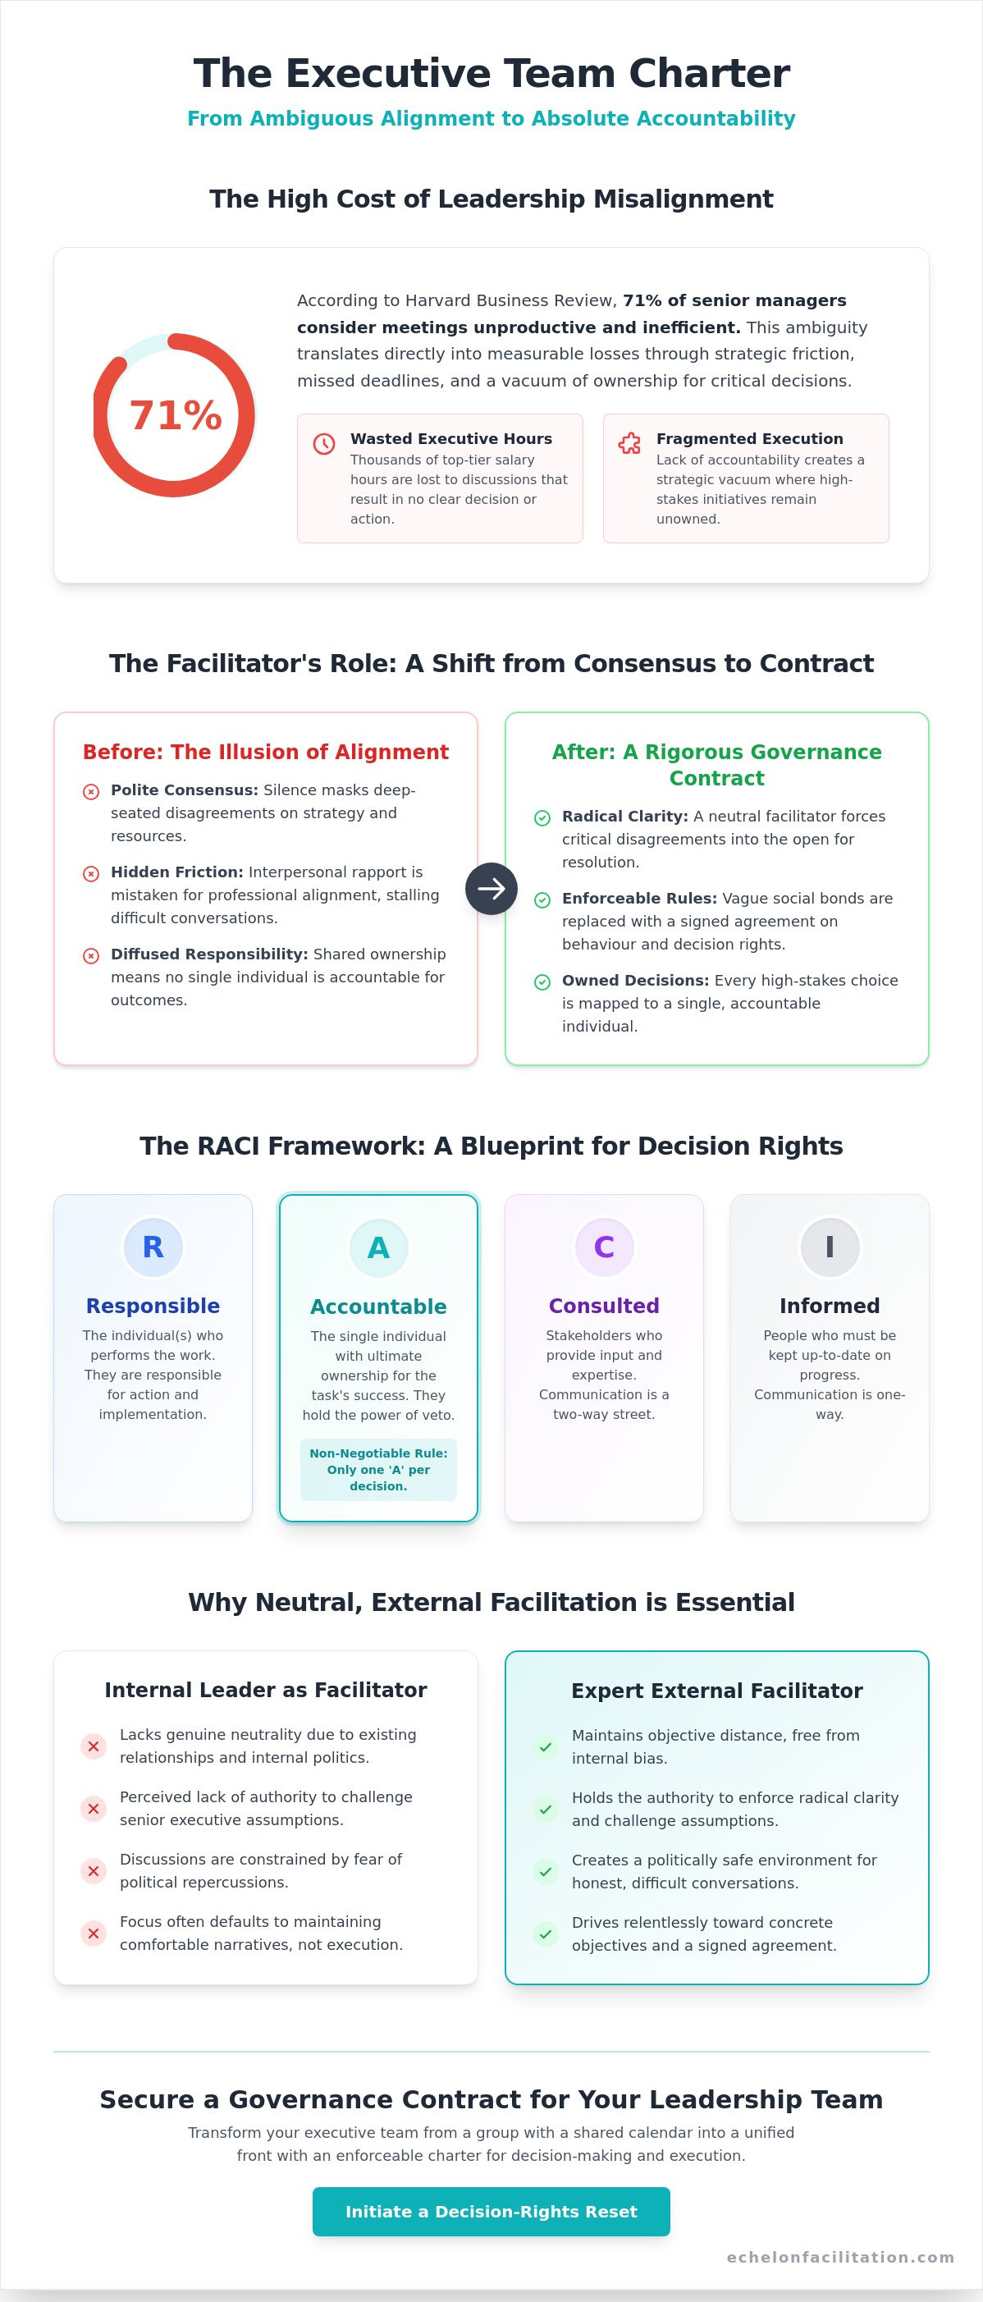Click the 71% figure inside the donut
pos(175,415)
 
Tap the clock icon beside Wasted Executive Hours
pos(324,443)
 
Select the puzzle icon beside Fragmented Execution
pos(630,443)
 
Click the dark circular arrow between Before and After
pos(492,888)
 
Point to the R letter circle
pos(153,1247)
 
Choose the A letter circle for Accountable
pos(379,1247)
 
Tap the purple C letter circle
pos(604,1247)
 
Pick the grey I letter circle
pos(830,1247)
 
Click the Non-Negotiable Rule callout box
pos(379,1469)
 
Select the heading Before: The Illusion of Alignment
pos(265,752)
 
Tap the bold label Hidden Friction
pos(177,872)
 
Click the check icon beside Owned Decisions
pos(542,982)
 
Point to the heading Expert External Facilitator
pos(716,1691)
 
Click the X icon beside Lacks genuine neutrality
pos(94,1746)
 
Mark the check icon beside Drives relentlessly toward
pos(546,1934)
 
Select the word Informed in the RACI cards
pos(830,1306)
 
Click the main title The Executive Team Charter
pos(492,73)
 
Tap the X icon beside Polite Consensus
pos(91,792)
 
